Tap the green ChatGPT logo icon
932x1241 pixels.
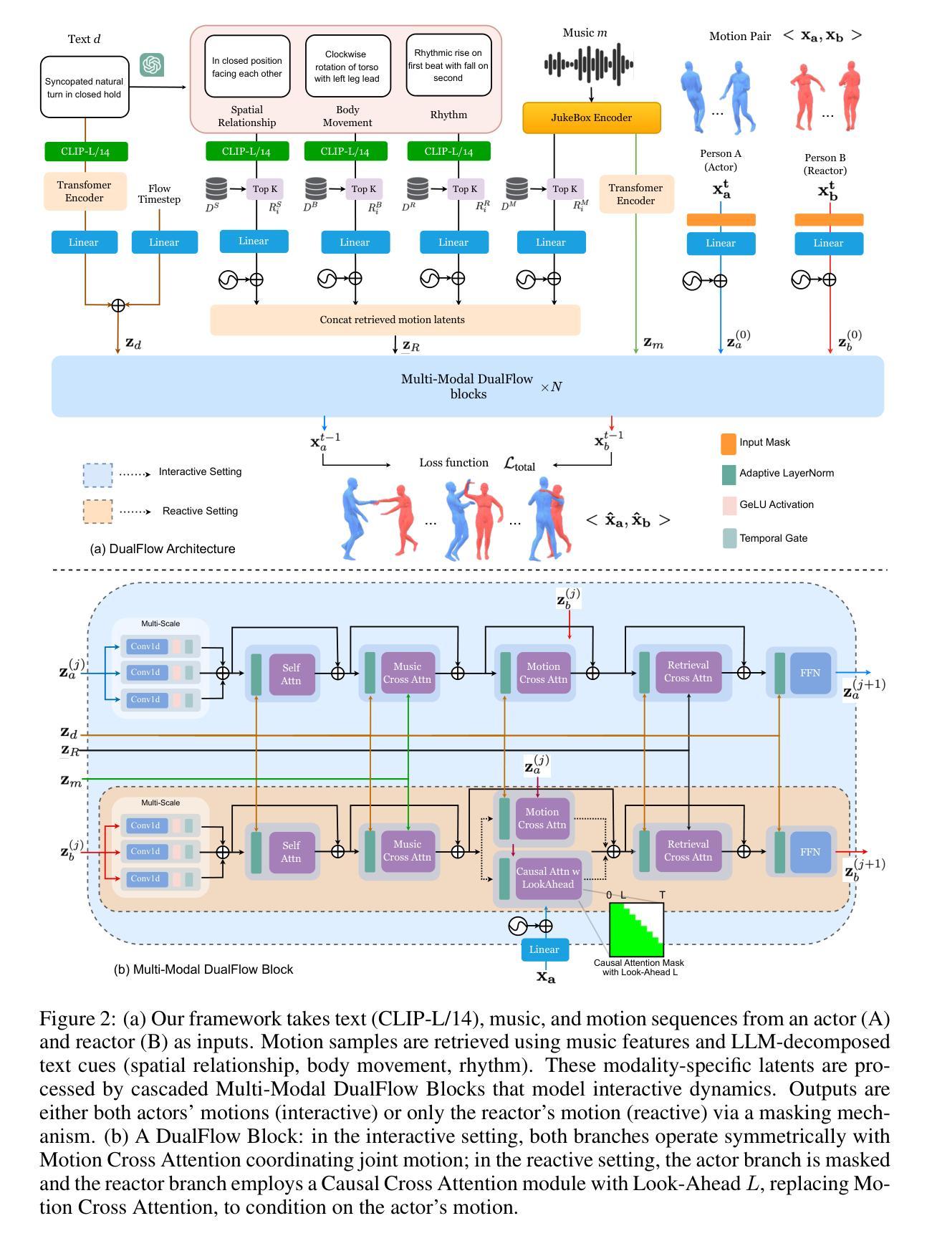pyautogui.click(x=152, y=64)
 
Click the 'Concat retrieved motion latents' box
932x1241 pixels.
pyautogui.click(x=395, y=320)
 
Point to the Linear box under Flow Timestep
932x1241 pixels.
pyautogui.click(x=164, y=242)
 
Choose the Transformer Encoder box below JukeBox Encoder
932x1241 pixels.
pyautogui.click(x=635, y=194)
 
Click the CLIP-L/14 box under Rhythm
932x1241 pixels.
pyautogui.click(x=448, y=151)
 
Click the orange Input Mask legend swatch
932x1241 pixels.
pyautogui.click(x=728, y=444)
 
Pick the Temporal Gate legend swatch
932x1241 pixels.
pyautogui.click(x=728, y=538)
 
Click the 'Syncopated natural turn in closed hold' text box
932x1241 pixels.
pyautogui.click(x=85, y=88)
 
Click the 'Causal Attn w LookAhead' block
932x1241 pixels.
pyautogui.click(x=544, y=878)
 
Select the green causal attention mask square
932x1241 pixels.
pyautogui.click(x=636, y=929)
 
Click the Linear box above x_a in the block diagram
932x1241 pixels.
pyautogui.click(x=544, y=949)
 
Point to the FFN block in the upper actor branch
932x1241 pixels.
pyautogui.click(x=810, y=673)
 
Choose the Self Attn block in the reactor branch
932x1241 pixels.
pyautogui.click(x=291, y=852)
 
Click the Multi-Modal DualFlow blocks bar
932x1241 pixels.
pyautogui.click(x=467, y=387)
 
